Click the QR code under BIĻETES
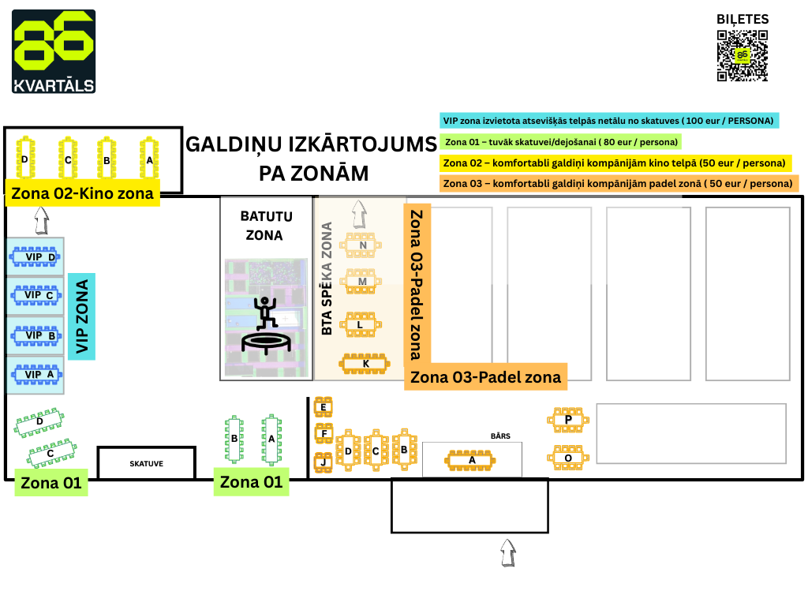(742, 55)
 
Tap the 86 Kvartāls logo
(54, 51)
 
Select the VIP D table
(35, 256)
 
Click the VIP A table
(35, 375)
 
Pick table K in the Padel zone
(365, 363)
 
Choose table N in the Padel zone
(362, 245)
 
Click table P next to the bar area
(568, 420)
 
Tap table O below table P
(568, 458)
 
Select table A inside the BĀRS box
(472, 459)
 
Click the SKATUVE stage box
(146, 463)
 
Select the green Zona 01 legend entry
(560, 142)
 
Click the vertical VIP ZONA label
(81, 316)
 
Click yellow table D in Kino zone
(24, 159)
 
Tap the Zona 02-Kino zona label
(83, 193)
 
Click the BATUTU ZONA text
(265, 225)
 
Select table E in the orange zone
(323, 407)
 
